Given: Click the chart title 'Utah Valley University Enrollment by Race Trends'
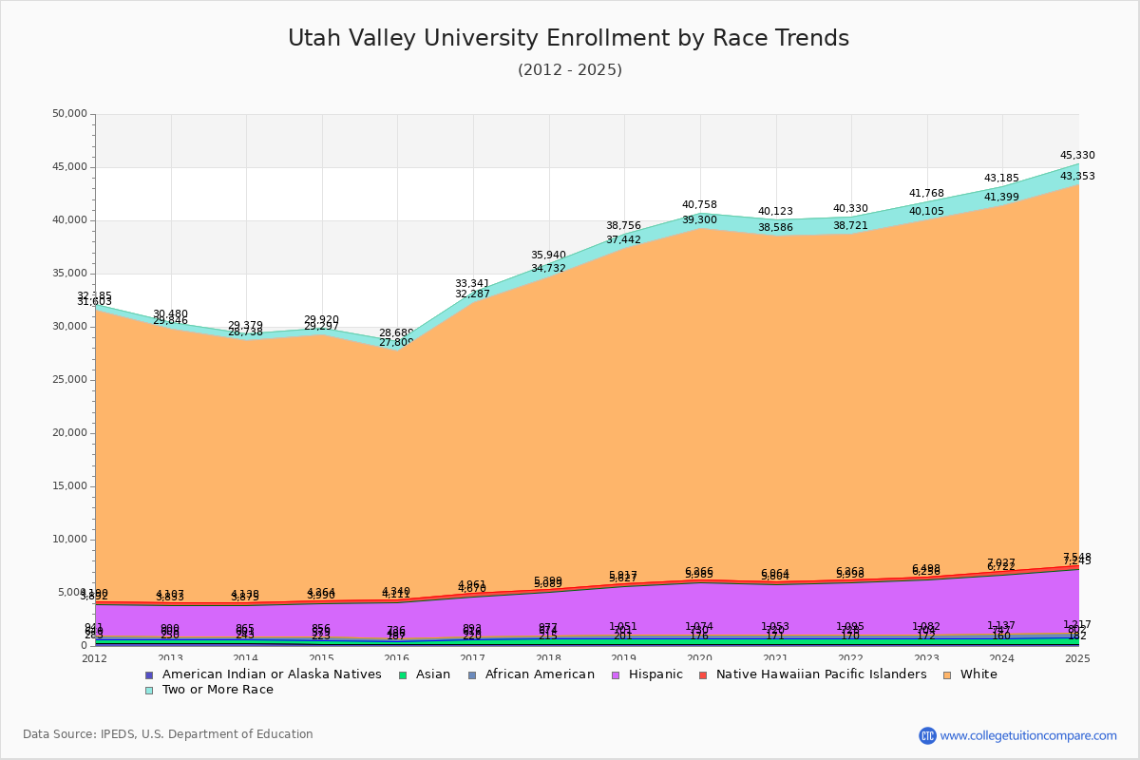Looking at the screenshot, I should point(568,38).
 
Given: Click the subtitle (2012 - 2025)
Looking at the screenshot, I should point(570,70).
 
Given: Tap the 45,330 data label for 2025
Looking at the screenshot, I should point(1077,155).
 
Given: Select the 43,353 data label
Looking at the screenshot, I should point(1077,176).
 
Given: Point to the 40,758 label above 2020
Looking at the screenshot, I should point(699,204).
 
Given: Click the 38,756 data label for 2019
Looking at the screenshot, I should point(623,226).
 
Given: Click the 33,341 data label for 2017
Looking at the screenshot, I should point(472,283).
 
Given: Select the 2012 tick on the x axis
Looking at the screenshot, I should point(95,658).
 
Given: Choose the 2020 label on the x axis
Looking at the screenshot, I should point(700,658).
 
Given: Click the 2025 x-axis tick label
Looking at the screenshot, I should point(1078,658).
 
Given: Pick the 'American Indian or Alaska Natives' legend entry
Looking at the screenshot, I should point(271,674).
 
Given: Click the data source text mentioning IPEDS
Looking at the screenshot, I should point(168,734).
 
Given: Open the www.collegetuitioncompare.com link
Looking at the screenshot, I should point(1028,735).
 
